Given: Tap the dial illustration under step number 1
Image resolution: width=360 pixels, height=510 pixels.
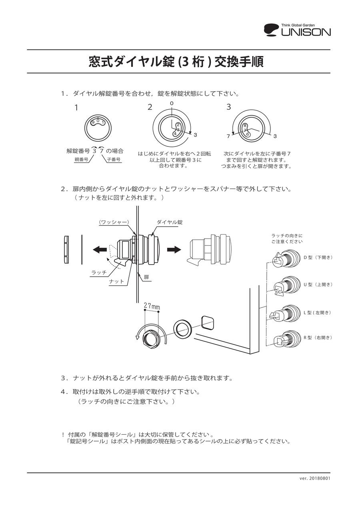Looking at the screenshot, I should (98, 128).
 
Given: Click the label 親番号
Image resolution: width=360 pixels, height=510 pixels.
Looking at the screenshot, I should (82, 159).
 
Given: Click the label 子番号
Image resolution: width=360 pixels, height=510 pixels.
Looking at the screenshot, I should (114, 159).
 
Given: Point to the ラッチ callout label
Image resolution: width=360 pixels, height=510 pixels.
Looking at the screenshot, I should (99, 272).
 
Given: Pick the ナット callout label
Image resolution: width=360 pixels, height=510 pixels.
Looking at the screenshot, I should (116, 281).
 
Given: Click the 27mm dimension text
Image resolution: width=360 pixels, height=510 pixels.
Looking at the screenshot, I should (152, 307).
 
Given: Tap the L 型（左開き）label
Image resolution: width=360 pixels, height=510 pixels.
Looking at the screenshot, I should (318, 312).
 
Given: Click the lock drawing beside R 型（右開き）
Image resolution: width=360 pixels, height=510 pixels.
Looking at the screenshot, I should (287, 339).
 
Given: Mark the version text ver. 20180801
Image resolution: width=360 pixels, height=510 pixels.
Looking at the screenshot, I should (315, 478).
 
